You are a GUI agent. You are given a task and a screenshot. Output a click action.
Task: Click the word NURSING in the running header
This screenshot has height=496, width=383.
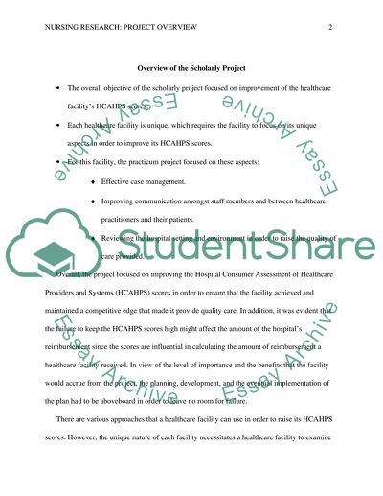62,28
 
